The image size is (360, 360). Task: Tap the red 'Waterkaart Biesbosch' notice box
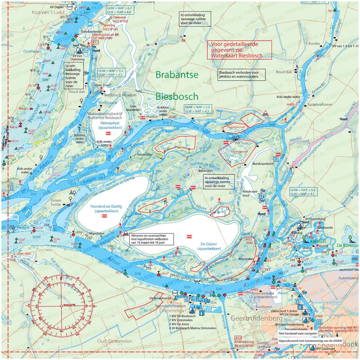239,50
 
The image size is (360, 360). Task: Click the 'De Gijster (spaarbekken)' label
209,246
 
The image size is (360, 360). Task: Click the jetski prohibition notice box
242,75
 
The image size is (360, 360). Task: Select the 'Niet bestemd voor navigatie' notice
298,333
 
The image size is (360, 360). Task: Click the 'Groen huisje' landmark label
56,203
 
